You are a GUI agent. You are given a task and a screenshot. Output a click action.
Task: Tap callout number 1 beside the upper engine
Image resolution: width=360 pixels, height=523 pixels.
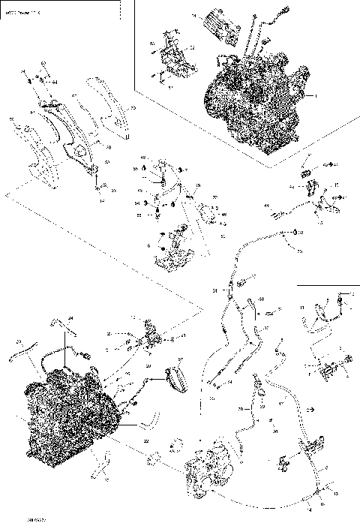tap(316, 97)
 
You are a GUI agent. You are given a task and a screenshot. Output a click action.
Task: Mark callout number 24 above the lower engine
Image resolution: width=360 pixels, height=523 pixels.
tap(73, 318)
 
